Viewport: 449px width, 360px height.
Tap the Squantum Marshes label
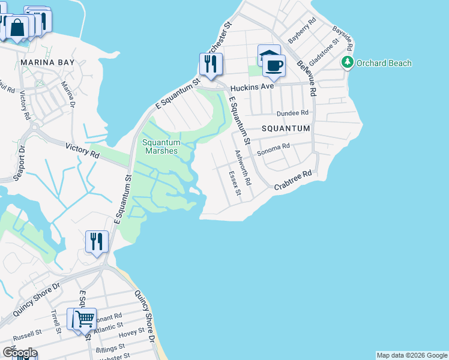[x=160, y=146]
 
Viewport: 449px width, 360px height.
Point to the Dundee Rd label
[x=292, y=113]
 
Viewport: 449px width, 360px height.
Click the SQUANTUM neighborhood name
[x=286, y=128]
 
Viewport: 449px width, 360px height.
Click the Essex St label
[x=235, y=183]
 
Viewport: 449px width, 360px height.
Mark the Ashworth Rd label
[x=241, y=167]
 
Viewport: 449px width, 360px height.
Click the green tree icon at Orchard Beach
[x=348, y=62]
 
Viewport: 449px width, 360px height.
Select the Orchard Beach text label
[x=384, y=63]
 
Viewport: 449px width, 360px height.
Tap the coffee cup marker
[x=274, y=66]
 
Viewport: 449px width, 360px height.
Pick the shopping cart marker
[x=85, y=319]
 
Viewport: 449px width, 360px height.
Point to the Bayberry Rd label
[x=302, y=30]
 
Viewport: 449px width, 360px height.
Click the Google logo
[x=20, y=352]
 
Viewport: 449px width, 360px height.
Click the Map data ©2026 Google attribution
[x=411, y=355]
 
